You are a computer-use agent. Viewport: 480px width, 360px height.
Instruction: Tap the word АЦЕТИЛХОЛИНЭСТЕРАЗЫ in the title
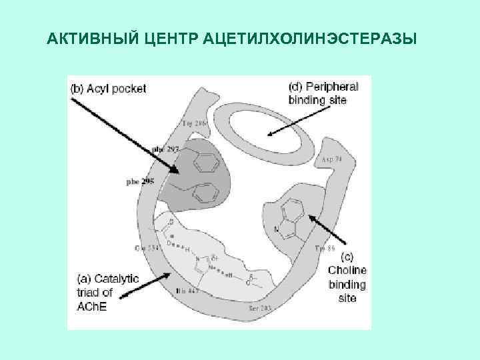pyautogui.click(x=313, y=39)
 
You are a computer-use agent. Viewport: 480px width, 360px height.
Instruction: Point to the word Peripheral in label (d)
pyautogui.click(x=332, y=87)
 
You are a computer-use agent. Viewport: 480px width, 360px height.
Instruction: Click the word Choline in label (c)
pyautogui.click(x=347, y=271)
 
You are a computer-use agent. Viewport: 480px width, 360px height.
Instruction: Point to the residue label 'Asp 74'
pyautogui.click(x=331, y=161)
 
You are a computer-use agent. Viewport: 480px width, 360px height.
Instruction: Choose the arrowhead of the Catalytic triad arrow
pyautogui.click(x=175, y=273)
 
